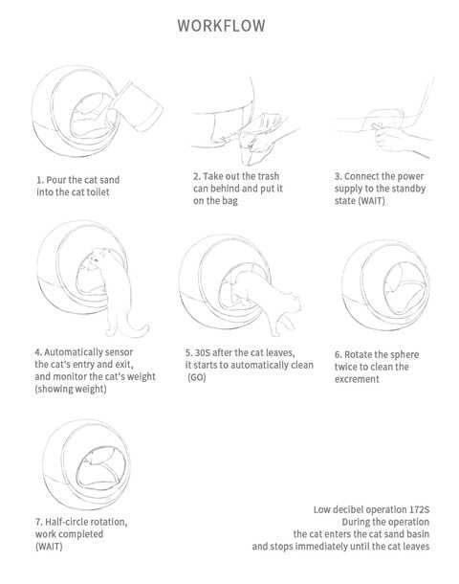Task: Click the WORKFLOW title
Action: point(221,26)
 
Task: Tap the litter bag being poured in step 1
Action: point(138,106)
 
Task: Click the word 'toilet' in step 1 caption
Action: point(98,192)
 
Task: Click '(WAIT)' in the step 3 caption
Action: point(371,201)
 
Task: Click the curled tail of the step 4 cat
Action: point(137,327)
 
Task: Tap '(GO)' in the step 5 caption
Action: point(196,377)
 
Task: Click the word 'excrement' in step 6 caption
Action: point(357,379)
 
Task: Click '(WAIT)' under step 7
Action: point(49,547)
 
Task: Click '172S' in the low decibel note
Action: point(420,509)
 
